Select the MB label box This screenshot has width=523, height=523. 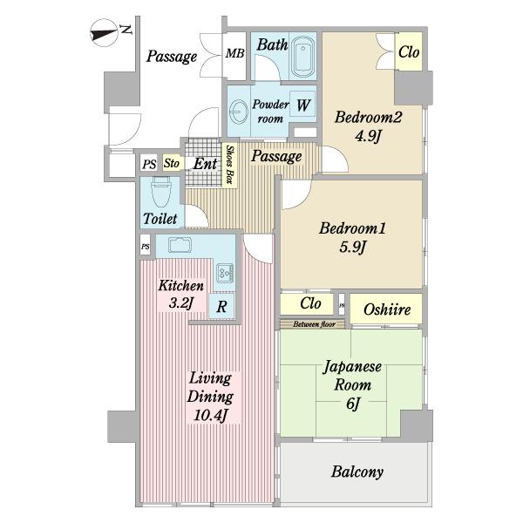pos(234,53)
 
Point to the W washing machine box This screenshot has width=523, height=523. pos(302,105)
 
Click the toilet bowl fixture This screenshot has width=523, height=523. pos(160,192)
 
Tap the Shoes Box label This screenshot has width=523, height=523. pos(229,165)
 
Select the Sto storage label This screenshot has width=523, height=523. pos(172,163)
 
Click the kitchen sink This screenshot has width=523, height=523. pos(180,245)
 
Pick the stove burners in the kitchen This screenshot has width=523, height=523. pos(226,273)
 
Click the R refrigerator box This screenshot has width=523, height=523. pos(221,306)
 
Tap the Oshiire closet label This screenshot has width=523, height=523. pos(387,309)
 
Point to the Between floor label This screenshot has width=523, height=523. pos(314,324)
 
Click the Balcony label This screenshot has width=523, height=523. pos(357,472)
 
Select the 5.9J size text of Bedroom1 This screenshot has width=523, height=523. pos(353,248)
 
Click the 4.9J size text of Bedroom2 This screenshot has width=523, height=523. pos(368,137)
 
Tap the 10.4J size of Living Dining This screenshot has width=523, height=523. pos(210,416)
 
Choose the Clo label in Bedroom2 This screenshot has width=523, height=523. pos(409,52)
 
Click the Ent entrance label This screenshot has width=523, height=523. pos(205,164)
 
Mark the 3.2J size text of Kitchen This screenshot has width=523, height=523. pos(181,303)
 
